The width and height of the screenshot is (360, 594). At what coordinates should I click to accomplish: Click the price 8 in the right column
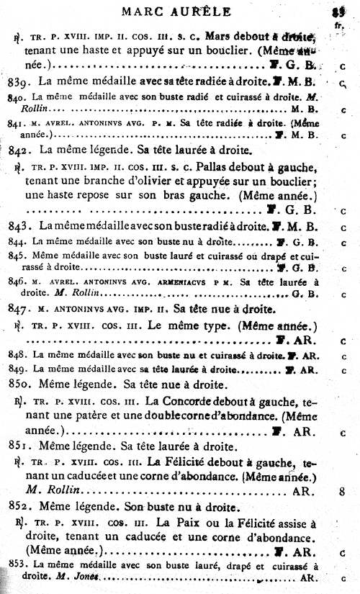pos(342,491)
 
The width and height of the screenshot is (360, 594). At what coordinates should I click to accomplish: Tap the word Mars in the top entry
pos(217,36)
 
